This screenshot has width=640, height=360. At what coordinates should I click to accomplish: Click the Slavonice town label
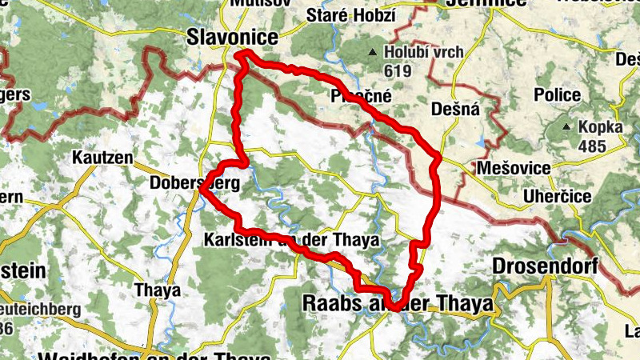(x=231, y=37)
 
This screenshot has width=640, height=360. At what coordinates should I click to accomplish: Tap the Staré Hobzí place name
(x=350, y=15)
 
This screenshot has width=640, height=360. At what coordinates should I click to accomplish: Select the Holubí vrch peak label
(x=424, y=54)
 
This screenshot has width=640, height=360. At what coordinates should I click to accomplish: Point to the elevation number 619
(x=398, y=70)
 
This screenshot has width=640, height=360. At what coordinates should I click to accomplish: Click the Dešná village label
(x=454, y=110)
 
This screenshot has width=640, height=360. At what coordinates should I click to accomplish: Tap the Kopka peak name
(x=605, y=127)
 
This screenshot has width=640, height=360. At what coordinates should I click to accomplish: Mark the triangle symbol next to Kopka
(x=566, y=127)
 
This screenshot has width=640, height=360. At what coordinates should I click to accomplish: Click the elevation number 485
(x=591, y=145)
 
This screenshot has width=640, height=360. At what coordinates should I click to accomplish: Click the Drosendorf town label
(x=546, y=266)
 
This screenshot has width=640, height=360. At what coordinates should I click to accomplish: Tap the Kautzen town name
(x=101, y=158)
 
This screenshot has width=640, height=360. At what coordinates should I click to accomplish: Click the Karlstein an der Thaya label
(x=290, y=240)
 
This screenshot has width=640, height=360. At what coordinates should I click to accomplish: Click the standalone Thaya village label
(x=158, y=290)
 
